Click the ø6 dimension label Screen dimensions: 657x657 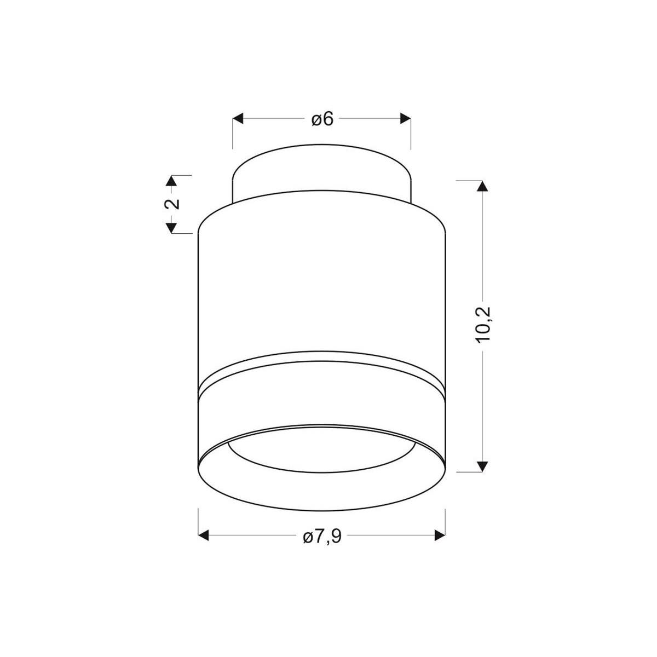coord(322,119)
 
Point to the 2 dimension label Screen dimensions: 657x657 coord(172,204)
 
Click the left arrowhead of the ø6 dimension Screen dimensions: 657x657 coord(238,119)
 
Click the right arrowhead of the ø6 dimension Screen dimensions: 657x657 coord(406,119)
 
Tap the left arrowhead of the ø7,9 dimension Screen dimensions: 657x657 coord(203,535)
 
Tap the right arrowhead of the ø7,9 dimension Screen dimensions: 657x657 coord(440,535)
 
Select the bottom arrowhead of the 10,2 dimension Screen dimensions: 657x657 coord(482,466)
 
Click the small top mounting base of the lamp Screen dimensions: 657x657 coord(322,170)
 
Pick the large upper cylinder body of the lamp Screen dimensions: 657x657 coord(322,285)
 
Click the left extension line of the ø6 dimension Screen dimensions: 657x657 coord(233,134)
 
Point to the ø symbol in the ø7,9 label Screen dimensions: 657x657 coord(307,537)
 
